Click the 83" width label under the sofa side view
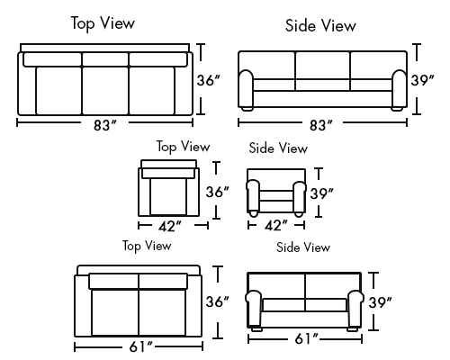click(321, 125)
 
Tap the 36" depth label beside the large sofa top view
click(209, 80)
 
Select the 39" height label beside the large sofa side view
click(423, 80)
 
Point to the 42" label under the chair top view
click(170, 226)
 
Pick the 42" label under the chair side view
click(276, 225)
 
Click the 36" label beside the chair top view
click(218, 192)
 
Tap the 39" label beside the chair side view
click(322, 193)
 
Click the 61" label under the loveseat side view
click(306, 338)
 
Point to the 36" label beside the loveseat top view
click(218, 301)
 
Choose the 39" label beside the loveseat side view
click(381, 302)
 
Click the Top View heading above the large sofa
click(103, 23)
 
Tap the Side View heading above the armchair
click(278, 148)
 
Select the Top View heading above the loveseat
click(147, 246)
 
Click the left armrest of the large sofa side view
click(247, 89)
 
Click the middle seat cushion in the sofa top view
click(105, 91)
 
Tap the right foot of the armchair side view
click(299, 214)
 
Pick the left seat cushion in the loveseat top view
click(115, 312)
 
